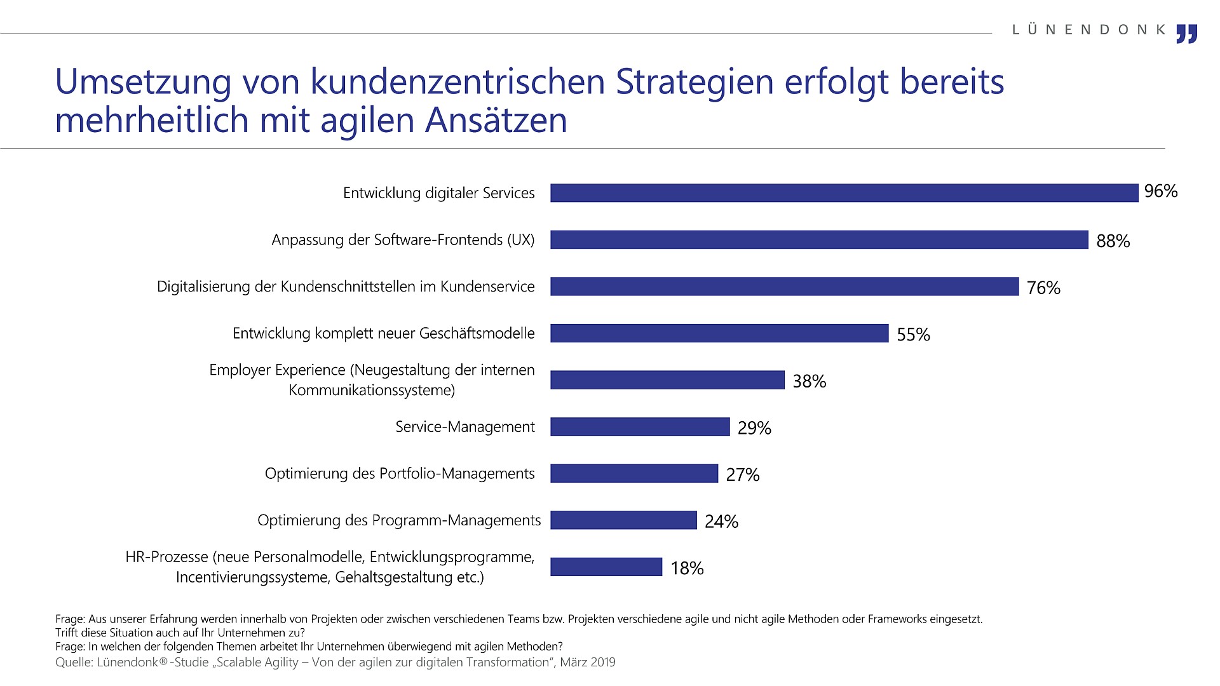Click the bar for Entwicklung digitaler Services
tap(844, 193)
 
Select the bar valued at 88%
tap(819, 239)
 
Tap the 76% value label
tap(1043, 288)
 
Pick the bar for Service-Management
tap(640, 426)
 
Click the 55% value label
tap(913, 334)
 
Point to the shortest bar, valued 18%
tap(606, 567)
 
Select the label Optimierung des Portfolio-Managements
tap(400, 473)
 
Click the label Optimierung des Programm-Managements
tap(399, 520)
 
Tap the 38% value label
tap(809, 381)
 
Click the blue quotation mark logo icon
tap(1186, 34)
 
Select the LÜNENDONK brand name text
tap(1089, 30)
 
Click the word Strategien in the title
tap(695, 82)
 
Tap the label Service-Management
tap(465, 427)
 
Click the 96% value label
tap(1161, 191)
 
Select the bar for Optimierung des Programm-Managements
tap(623, 520)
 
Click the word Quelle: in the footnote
tap(74, 662)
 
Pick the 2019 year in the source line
tap(602, 662)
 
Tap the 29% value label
tap(754, 428)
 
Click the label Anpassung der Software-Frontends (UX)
tap(403, 240)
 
